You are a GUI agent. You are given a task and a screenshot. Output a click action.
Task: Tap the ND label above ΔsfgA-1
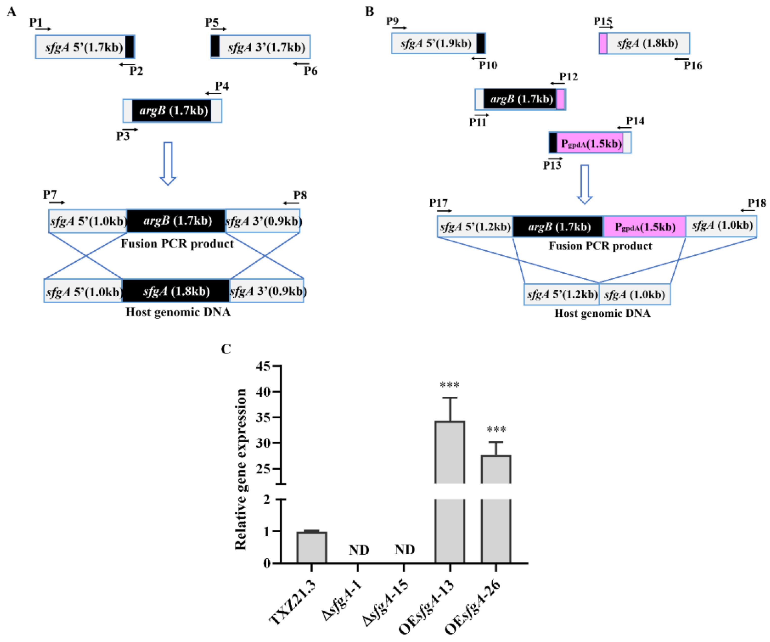359,550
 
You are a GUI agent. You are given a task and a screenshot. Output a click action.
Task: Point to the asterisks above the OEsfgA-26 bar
496,429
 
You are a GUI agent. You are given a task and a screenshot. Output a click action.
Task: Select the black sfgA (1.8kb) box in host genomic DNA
176,291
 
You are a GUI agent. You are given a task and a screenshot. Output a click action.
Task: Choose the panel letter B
370,12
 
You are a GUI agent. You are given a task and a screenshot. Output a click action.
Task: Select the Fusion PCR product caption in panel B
600,246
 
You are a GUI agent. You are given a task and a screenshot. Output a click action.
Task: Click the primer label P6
310,71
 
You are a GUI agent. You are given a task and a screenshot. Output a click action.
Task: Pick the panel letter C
226,349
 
